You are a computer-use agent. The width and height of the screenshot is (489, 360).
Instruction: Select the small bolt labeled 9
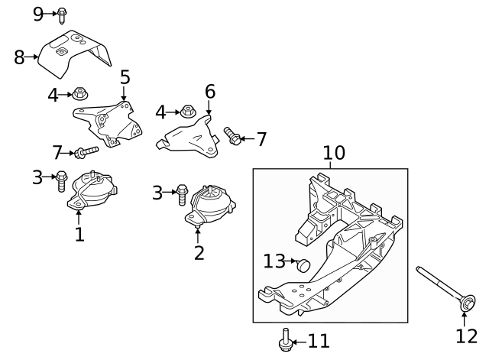pyautogui.click(x=62, y=14)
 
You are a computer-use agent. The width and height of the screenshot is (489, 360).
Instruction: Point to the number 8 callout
pyautogui.click(x=20, y=57)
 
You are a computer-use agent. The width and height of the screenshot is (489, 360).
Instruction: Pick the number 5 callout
pyautogui.click(x=125, y=77)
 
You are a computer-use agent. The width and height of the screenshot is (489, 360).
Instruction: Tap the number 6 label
pyautogui.click(x=209, y=92)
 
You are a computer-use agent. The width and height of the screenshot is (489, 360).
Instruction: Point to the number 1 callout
pyautogui.click(x=79, y=234)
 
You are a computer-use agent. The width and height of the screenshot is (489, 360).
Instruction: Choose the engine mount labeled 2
pyautogui.click(x=209, y=206)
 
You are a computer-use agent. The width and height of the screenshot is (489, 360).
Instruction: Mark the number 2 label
pyautogui.click(x=199, y=251)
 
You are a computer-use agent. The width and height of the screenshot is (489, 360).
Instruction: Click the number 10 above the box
pyautogui.click(x=334, y=153)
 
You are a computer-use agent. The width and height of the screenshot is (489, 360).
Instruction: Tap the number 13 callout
pyautogui.click(x=274, y=262)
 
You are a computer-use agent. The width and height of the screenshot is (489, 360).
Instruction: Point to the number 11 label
pyautogui.click(x=319, y=340)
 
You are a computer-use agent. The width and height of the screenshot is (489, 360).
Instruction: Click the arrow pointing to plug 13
pyautogui.click(x=291, y=262)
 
